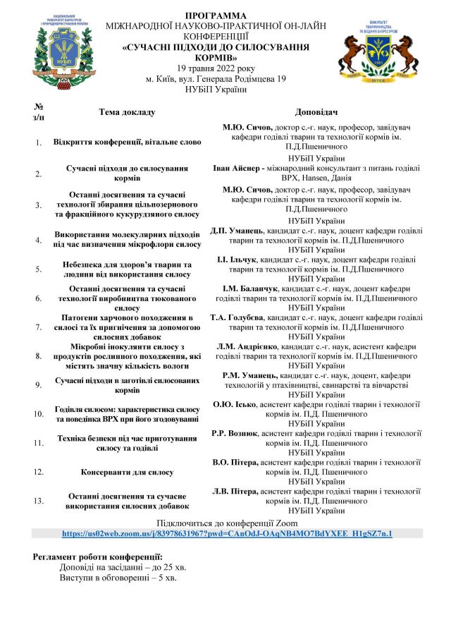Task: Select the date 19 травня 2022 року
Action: point(216,68)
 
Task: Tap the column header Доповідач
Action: point(315,112)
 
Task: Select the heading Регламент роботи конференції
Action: point(98,557)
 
